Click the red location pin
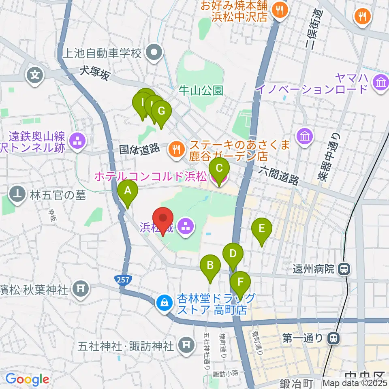pos(163,220)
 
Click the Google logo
pos(27,380)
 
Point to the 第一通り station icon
pos(333,337)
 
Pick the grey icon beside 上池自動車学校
pos(154,53)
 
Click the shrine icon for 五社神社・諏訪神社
pos(186,345)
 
